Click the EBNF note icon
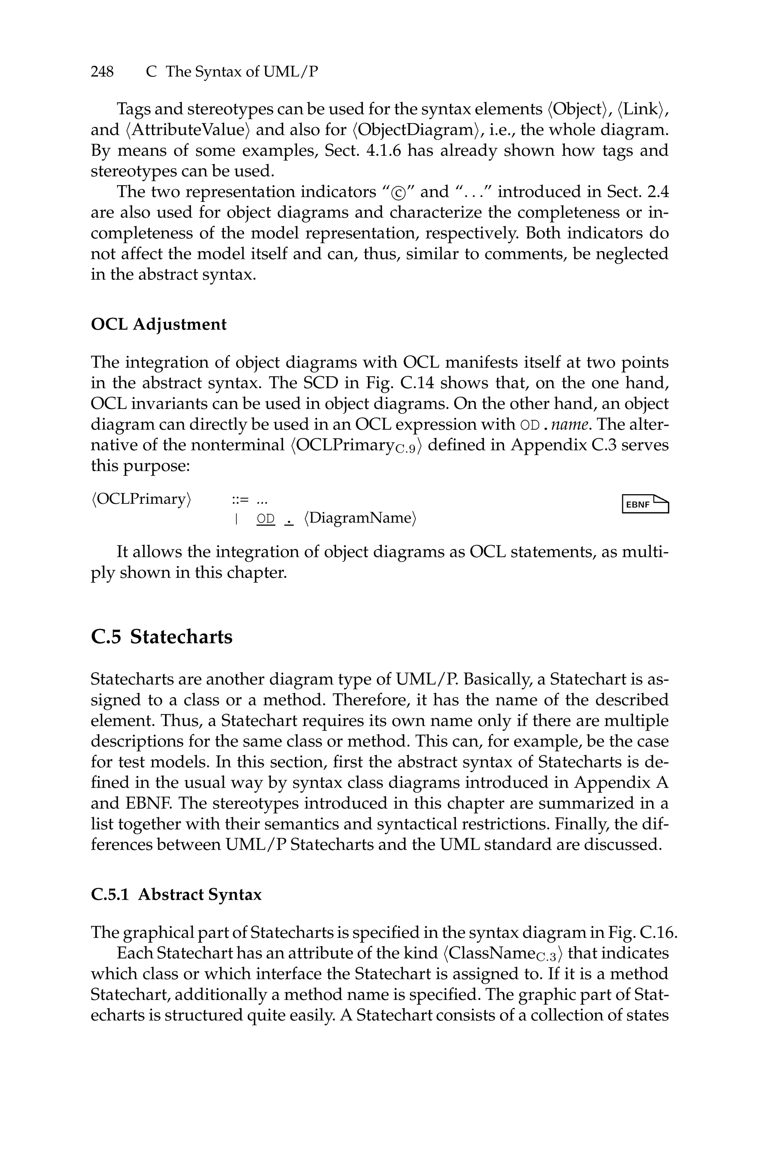645,504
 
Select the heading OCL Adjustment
158,324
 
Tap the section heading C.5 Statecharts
162,637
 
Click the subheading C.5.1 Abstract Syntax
176,894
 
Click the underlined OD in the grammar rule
265,519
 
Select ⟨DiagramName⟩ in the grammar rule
360,518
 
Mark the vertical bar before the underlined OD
236,519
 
